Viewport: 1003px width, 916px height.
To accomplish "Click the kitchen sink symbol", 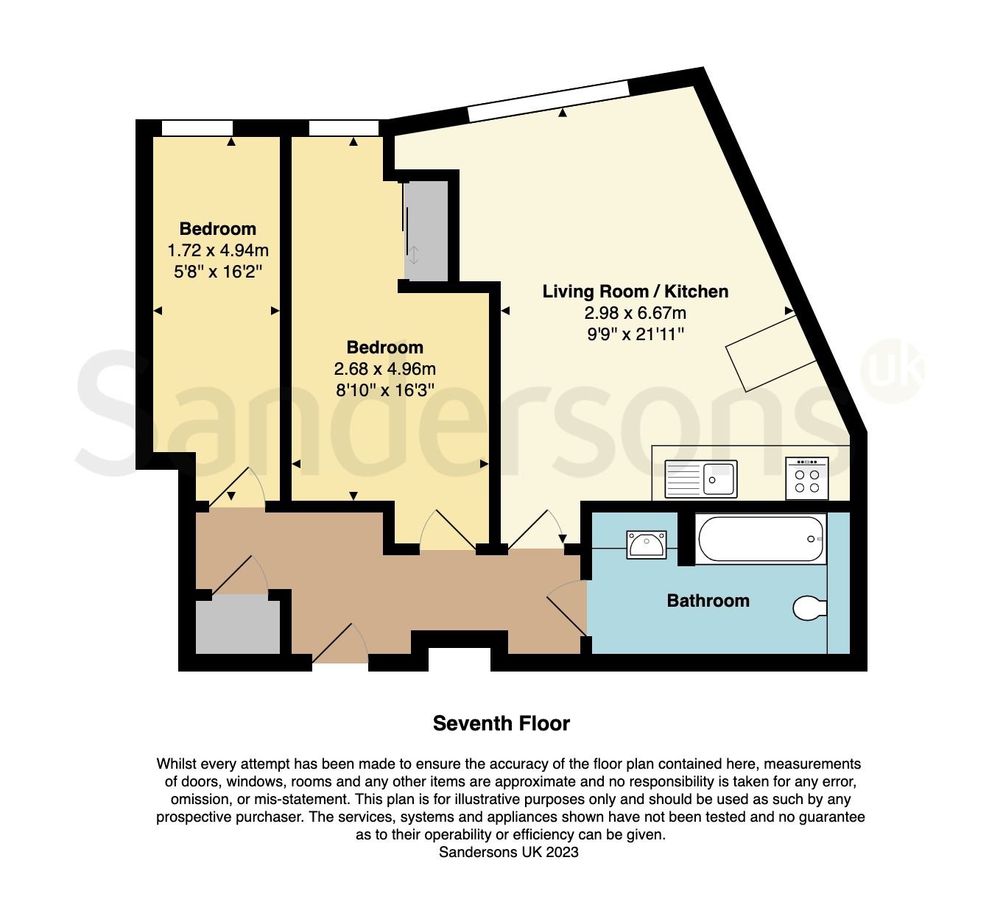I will click(x=700, y=479).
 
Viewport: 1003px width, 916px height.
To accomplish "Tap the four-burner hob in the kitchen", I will click(x=806, y=479).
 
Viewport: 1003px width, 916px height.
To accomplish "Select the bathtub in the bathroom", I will click(x=760, y=540).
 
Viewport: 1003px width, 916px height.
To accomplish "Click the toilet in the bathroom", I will click(x=810, y=608).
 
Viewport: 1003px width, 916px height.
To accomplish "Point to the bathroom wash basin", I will click(x=647, y=546).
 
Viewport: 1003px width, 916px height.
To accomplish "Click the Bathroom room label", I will click(x=708, y=601).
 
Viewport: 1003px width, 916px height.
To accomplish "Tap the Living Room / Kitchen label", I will click(x=635, y=292).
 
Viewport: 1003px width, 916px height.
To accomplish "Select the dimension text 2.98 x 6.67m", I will click(x=635, y=313).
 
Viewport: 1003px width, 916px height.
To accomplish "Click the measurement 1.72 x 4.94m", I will click(x=218, y=250).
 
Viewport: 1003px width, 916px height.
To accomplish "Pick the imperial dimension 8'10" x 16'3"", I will click(x=385, y=390).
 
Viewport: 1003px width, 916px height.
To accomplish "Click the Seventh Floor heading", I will click(x=501, y=723).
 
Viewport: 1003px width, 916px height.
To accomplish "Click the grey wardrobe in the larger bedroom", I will click(x=426, y=231).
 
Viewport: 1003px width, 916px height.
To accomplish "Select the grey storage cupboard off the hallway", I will click(x=237, y=626).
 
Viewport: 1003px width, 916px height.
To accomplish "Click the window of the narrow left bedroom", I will click(x=197, y=128).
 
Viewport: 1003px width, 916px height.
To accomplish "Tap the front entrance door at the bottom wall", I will click(x=339, y=648).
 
